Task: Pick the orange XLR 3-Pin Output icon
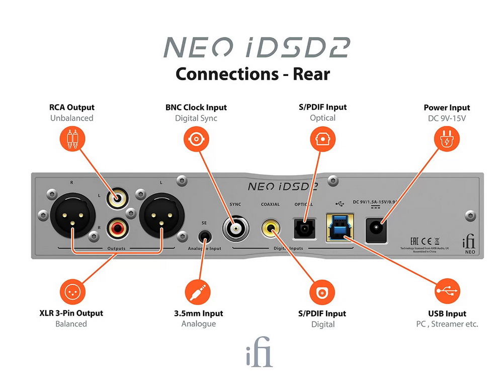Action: [x=72, y=291]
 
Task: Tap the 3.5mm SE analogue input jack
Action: [x=205, y=235]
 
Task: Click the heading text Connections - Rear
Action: [x=253, y=74]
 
